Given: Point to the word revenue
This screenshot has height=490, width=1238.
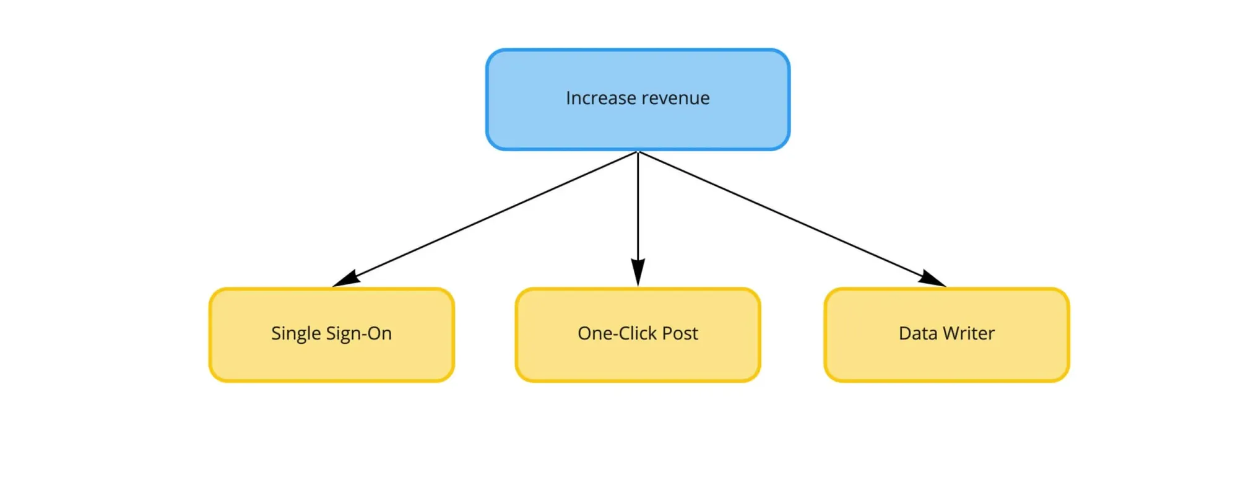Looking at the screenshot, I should coord(675,98).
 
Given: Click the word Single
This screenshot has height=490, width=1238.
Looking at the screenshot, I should coord(296,334).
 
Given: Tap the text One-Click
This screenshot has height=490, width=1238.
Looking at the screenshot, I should coord(617,333).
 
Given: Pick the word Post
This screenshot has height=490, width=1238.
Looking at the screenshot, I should coord(680,333).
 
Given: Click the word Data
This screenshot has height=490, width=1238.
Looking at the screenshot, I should coord(918,333).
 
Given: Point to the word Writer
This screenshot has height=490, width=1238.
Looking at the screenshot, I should coord(969,333).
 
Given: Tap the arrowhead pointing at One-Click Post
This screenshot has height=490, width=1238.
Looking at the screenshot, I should coord(638,273).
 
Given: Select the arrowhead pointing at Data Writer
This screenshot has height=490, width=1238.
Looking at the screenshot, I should coord(932,279).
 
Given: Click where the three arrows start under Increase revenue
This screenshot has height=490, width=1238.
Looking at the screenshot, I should coord(638,152).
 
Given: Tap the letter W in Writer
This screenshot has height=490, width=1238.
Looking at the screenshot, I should coord(952,333).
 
